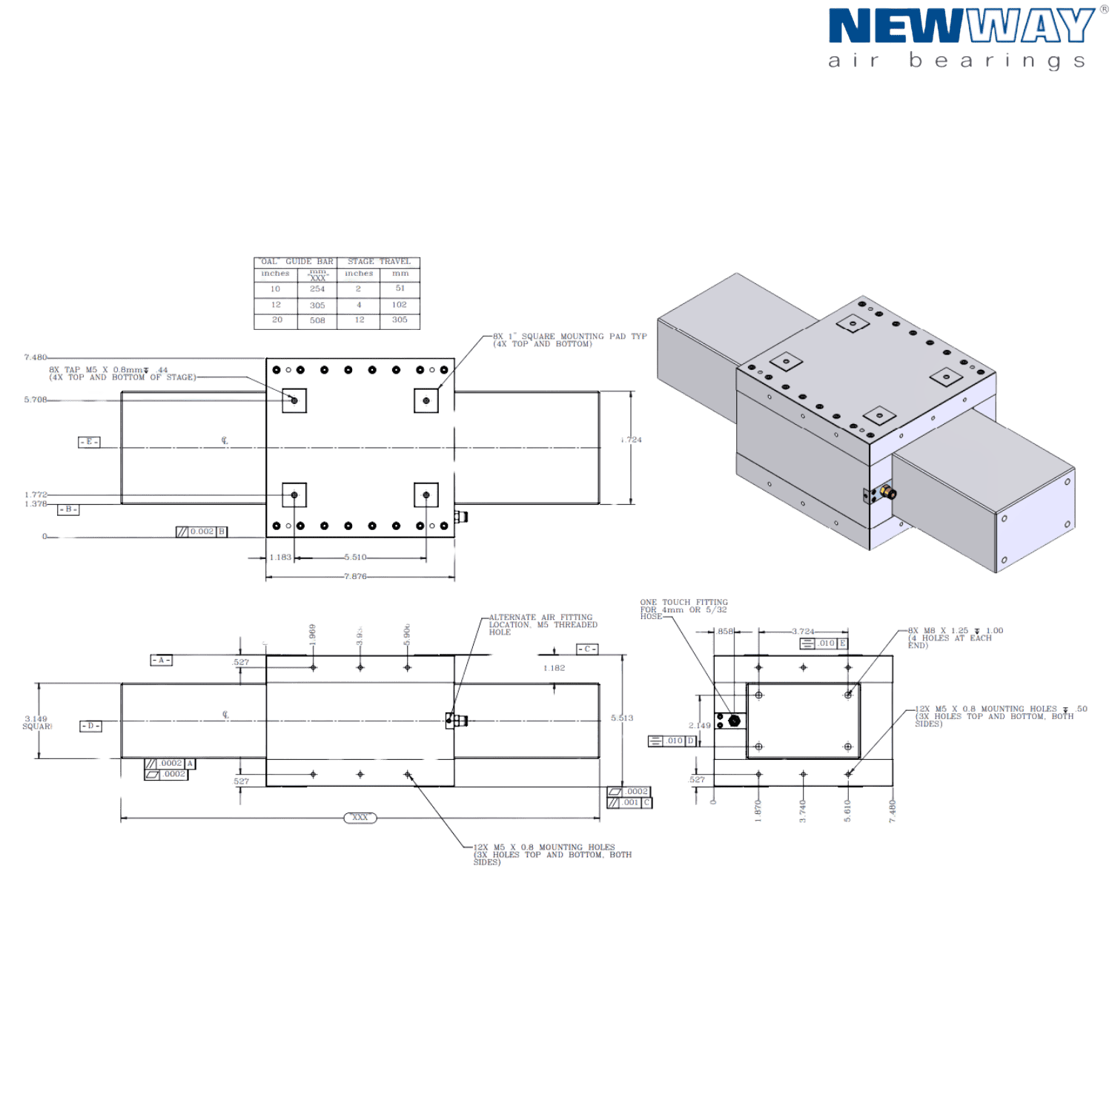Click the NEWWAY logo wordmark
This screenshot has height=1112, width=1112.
961,27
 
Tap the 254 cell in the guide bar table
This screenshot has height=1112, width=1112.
317,289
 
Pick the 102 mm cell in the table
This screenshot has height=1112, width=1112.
399,305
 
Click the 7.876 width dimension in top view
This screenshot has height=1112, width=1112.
356,577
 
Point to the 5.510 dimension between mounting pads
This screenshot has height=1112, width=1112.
356,557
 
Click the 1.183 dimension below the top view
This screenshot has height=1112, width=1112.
279,557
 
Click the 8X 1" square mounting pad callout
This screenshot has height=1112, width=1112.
569,340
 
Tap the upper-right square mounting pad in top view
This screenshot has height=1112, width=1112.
426,400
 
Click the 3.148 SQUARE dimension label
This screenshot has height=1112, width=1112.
36,723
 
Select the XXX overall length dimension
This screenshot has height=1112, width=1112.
360,818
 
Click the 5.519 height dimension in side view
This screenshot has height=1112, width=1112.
621,718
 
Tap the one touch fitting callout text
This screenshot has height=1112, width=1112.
684,609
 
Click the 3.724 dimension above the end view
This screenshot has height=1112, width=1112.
803,632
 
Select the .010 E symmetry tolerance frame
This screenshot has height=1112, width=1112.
824,644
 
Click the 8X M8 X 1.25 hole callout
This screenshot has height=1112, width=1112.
954,638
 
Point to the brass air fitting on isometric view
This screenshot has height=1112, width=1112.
887,492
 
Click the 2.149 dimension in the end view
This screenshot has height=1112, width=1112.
699,726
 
